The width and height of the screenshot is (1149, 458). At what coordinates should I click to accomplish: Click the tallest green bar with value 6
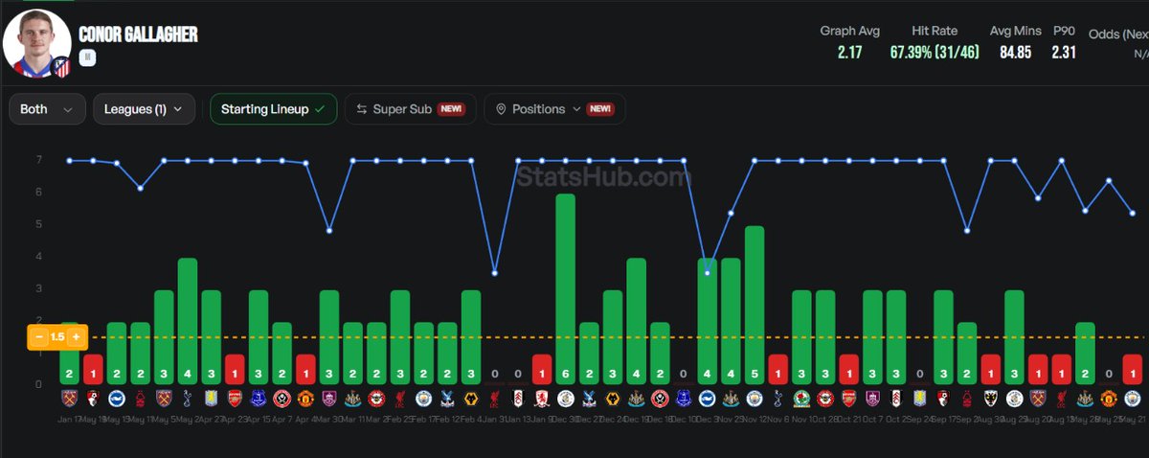pos(565,287)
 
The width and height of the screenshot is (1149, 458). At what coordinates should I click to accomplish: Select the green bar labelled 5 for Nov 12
pos(754,305)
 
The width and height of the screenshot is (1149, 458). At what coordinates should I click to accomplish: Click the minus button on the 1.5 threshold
pos(39,337)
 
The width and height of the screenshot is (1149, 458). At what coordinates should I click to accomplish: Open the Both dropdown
pos(46,109)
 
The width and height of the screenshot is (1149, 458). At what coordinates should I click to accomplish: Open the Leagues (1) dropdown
pos(144,109)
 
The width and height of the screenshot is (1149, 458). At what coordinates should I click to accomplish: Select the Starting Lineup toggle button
pos(273,109)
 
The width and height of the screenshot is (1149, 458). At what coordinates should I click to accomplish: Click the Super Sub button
pos(409,109)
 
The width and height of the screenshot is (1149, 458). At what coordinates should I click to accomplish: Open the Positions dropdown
pos(553,109)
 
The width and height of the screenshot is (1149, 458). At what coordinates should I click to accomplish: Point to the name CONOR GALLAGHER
pos(138,34)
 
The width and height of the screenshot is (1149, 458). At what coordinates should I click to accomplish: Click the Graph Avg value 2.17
pos(849,53)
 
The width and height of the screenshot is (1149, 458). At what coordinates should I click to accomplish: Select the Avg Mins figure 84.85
pos(1014,53)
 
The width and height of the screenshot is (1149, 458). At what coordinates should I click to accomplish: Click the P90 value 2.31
pos(1064,53)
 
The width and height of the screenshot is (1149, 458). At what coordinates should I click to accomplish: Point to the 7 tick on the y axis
pos(39,160)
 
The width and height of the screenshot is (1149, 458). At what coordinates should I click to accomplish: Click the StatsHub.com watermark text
pos(604,177)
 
